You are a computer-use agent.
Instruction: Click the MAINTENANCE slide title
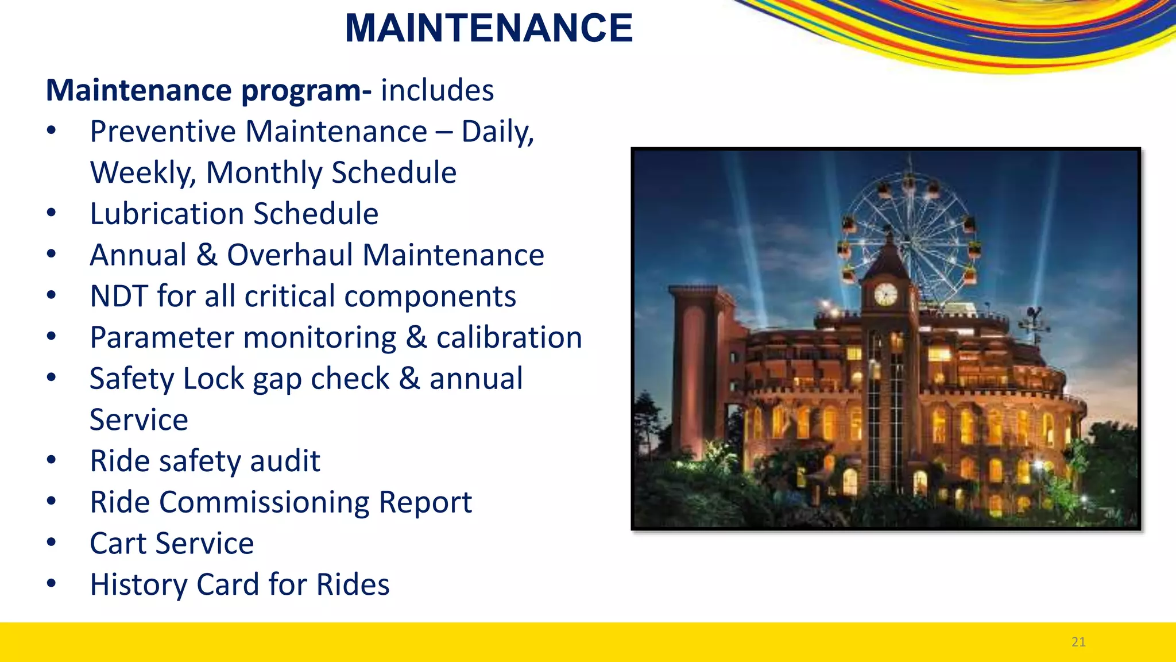pos(489,28)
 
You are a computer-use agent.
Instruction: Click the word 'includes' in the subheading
pos(437,90)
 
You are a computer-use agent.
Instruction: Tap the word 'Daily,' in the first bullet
pos(498,132)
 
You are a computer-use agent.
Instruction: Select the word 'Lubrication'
pos(167,214)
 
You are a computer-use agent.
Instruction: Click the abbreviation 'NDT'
pos(119,297)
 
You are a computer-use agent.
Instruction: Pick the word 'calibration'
pos(509,337)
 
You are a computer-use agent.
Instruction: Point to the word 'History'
pos(138,585)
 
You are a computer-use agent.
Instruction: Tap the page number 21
pos(1078,642)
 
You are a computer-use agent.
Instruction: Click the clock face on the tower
pos(885,294)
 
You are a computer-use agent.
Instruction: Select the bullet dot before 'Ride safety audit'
pos(52,460)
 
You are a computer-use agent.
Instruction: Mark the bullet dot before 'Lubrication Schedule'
pos(52,213)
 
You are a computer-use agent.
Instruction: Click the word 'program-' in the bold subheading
pos(306,91)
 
